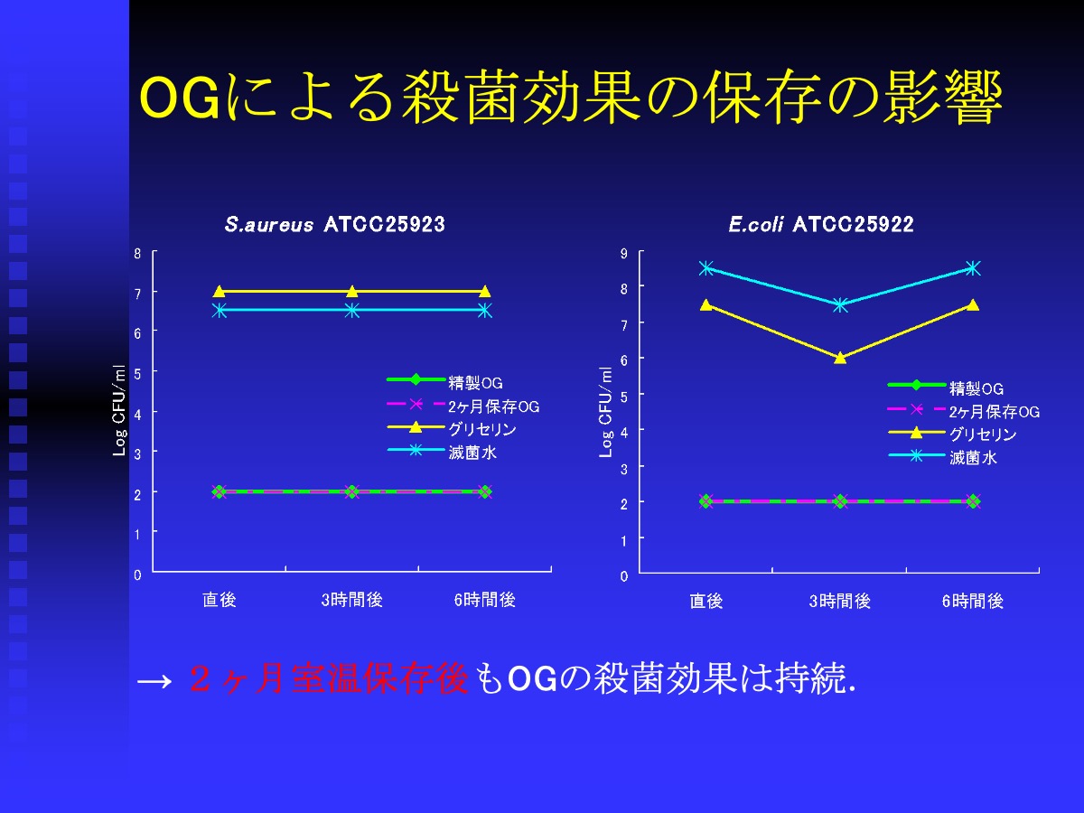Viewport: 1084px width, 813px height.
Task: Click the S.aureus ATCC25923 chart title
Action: (335, 225)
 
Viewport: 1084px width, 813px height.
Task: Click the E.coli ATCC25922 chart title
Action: (821, 225)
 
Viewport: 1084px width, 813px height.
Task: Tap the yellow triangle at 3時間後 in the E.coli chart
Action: (840, 358)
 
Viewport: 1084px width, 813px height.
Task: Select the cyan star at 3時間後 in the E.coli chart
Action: (840, 305)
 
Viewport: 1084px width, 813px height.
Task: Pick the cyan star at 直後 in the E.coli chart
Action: (706, 268)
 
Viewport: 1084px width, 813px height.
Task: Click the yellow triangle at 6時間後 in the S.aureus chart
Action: (485, 291)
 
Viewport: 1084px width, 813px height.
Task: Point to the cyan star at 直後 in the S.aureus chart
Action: (220, 311)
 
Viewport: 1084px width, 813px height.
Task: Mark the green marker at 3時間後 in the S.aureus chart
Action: (352, 491)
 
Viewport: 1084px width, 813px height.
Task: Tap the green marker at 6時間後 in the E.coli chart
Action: (974, 501)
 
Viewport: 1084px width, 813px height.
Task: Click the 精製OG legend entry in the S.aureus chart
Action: (444, 381)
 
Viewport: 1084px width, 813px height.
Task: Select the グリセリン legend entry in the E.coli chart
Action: (952, 434)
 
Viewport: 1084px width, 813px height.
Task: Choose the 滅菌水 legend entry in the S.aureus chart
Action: (442, 452)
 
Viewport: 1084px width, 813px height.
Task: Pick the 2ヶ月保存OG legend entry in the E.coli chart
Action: (964, 411)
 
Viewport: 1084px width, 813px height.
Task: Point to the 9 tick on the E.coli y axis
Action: (624, 254)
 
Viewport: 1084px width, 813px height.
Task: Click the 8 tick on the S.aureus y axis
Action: (137, 254)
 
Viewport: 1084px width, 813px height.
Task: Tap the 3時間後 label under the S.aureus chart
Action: (351, 600)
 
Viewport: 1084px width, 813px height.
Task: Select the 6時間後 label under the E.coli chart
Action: (972, 601)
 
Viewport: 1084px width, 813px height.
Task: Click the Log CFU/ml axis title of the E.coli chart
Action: (605, 412)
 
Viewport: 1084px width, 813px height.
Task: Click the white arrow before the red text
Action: (154, 682)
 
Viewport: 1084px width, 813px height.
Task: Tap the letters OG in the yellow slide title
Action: (180, 98)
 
